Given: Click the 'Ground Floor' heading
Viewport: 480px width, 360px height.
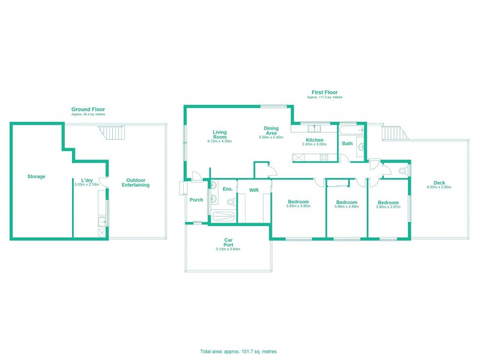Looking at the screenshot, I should pos(88,109).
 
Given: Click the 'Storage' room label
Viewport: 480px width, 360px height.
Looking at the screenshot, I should pos(36,176).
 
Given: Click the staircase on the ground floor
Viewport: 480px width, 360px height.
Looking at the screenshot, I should pos(113,132).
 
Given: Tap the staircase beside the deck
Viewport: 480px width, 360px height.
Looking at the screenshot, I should pos(391,132).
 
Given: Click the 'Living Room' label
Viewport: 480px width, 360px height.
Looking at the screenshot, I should pos(219,134).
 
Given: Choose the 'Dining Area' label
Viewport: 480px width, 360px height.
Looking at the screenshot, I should pos(271,131).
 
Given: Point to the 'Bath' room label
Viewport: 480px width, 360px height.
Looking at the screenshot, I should pos(347,143).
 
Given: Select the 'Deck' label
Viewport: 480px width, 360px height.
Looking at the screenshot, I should pos(439,183).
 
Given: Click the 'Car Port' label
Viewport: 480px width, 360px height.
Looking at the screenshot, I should pos(227,242).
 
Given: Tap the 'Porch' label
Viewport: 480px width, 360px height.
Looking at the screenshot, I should pos(196,200).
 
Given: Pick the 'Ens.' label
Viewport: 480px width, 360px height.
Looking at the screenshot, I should pos(227,189).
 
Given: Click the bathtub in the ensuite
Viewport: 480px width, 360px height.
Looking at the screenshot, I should pos(223,212).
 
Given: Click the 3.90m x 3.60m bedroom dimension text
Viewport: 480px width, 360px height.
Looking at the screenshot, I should pos(298,206).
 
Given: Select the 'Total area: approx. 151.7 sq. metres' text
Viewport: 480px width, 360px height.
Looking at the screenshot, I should pos(238,351).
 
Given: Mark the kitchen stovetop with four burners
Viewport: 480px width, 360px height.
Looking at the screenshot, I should pos(323,158).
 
